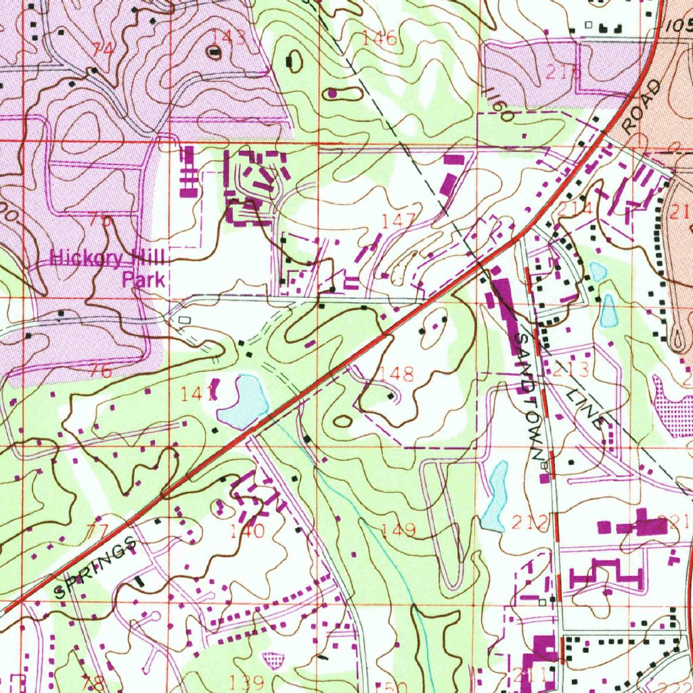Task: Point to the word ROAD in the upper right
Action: point(641,107)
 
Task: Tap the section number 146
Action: point(379,39)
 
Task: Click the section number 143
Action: point(228,35)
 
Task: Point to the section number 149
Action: point(399,529)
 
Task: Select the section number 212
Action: point(529,522)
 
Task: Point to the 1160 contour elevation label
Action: point(499,105)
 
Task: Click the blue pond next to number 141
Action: point(244,402)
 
